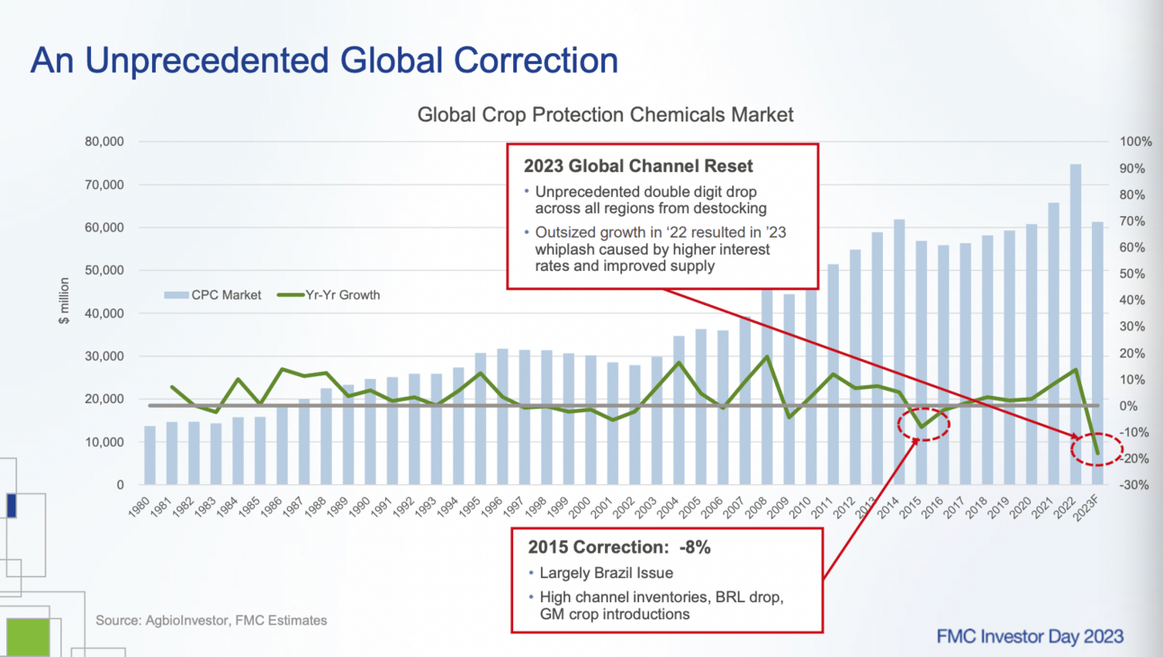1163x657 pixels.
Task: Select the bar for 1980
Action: click(150, 454)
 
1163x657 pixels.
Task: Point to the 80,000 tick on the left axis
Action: click(106, 142)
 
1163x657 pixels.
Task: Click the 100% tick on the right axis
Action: click(1135, 142)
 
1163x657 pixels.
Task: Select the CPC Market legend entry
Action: click(213, 294)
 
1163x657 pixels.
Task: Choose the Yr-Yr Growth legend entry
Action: click(329, 294)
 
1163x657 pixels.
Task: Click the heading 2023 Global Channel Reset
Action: click(638, 166)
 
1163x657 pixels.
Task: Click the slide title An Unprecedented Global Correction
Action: click(324, 60)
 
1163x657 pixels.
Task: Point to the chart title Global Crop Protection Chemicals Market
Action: click(606, 114)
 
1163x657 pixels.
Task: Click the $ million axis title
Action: click(64, 300)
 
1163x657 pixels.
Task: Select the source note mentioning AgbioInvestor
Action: click(212, 620)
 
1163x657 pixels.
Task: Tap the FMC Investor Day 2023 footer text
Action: click(1030, 636)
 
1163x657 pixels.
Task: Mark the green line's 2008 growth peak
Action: click(766, 356)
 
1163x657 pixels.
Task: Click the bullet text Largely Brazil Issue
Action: click(606, 572)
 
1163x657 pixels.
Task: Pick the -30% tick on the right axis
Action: click(1135, 485)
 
